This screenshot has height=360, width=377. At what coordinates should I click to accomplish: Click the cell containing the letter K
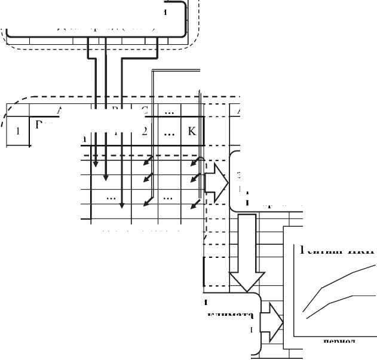click(x=192, y=131)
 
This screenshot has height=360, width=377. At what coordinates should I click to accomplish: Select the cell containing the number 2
click(x=144, y=131)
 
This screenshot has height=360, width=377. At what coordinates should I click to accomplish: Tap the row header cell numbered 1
click(x=18, y=133)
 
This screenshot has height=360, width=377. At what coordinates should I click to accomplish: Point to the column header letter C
click(x=145, y=110)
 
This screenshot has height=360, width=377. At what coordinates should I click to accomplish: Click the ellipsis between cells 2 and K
click(x=168, y=132)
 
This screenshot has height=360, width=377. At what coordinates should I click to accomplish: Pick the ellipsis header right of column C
click(x=168, y=110)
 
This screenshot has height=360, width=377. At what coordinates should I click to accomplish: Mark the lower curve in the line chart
click(x=335, y=299)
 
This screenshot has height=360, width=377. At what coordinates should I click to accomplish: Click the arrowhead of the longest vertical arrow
click(x=121, y=206)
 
